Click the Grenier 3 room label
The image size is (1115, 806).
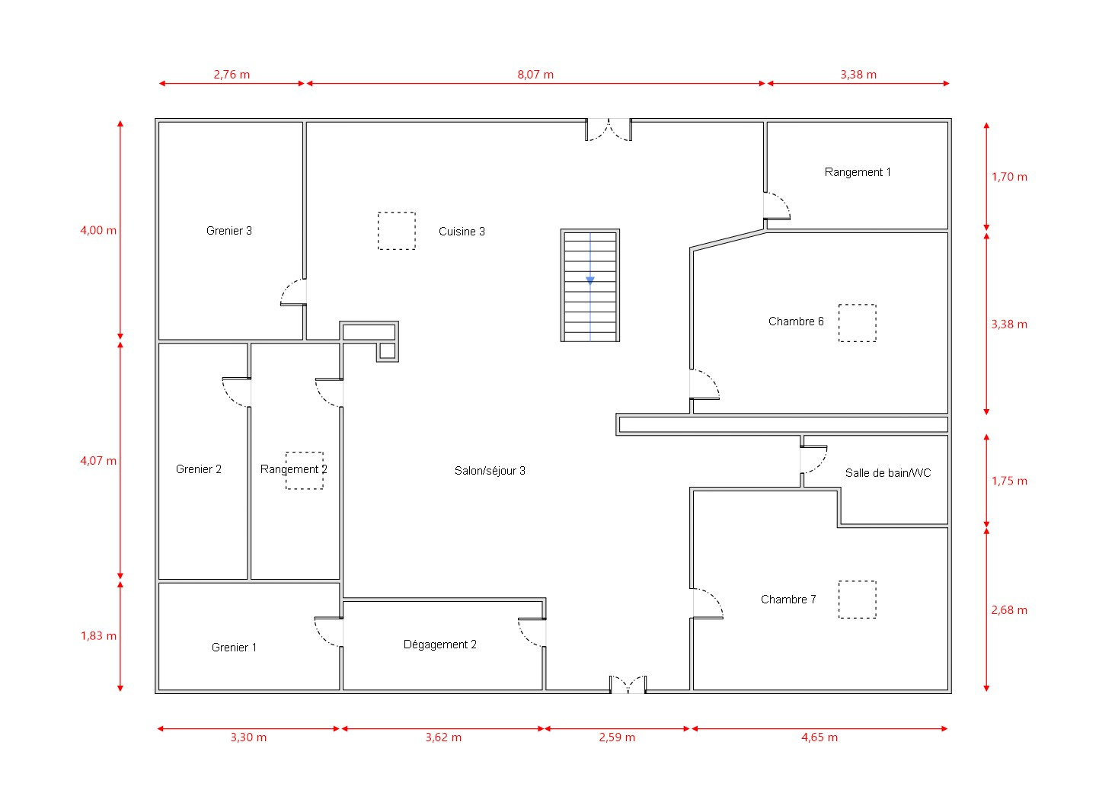229,231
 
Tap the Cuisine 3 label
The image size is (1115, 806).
462,232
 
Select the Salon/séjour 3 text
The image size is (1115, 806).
490,471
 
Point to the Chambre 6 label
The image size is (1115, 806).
796,321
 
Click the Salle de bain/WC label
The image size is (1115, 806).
888,473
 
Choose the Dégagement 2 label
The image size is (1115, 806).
440,644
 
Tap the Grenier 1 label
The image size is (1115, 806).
234,648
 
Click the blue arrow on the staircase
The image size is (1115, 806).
590,281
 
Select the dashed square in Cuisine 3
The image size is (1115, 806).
397,231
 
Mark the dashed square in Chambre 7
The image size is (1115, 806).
857,600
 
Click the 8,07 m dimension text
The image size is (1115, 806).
535,75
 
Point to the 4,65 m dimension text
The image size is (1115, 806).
819,737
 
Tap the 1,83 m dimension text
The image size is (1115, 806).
98,636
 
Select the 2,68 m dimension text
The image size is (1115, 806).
1009,610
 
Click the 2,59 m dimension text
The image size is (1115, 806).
617,737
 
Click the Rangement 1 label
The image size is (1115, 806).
858,172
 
